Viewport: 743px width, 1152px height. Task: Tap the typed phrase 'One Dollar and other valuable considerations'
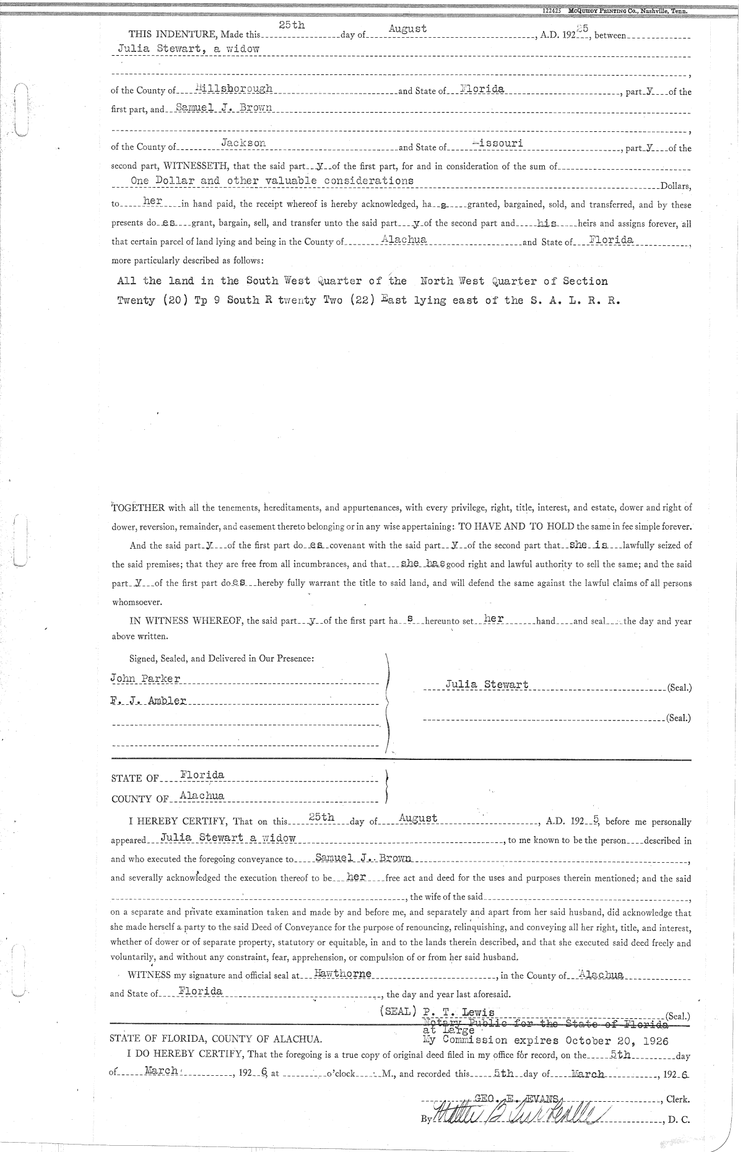tap(272, 180)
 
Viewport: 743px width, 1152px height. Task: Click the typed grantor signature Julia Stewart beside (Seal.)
tap(487, 684)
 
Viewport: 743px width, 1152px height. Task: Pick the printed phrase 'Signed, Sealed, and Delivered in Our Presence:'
tap(222, 658)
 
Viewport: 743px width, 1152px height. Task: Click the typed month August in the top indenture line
tap(407, 28)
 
